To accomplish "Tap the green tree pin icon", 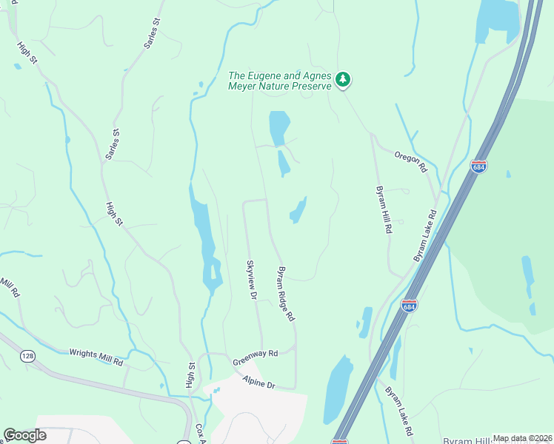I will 342,79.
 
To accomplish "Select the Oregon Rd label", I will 411,158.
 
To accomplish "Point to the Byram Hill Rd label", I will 383,209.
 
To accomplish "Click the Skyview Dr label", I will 251,280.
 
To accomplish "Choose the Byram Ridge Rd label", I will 286,294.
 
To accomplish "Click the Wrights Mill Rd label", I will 96,357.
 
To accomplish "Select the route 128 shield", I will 28,357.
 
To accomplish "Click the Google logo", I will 24,435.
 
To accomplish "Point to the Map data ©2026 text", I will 522,438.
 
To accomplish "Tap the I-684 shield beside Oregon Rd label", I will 478,167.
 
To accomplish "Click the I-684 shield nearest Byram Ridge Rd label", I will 409,306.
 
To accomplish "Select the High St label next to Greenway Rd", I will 190,374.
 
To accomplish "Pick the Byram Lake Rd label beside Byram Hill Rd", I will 425,236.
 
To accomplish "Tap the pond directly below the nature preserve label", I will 278,127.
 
